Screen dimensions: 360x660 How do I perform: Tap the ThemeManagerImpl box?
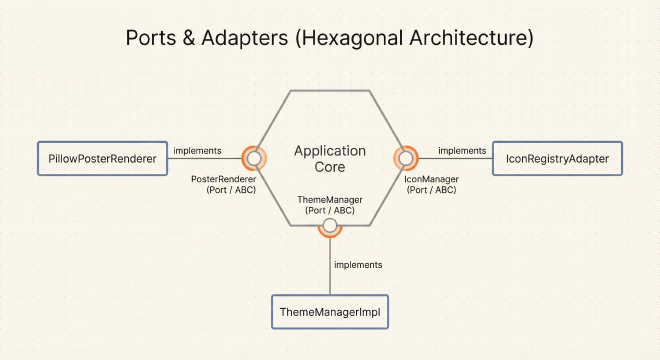[330, 312]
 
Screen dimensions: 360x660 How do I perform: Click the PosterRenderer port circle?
[255, 158]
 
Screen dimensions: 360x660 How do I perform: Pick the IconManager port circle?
[405, 158]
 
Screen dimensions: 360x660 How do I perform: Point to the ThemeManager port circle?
[330, 225]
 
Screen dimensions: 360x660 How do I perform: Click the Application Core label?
[330, 159]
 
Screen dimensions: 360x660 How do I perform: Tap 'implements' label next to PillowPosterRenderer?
[197, 150]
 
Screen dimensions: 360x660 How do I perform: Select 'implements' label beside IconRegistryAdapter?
[462, 150]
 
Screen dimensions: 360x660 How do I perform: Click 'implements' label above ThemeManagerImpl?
[358, 265]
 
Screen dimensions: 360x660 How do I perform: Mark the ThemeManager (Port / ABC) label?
[330, 205]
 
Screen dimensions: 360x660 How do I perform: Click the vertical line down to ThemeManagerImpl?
[330, 265]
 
